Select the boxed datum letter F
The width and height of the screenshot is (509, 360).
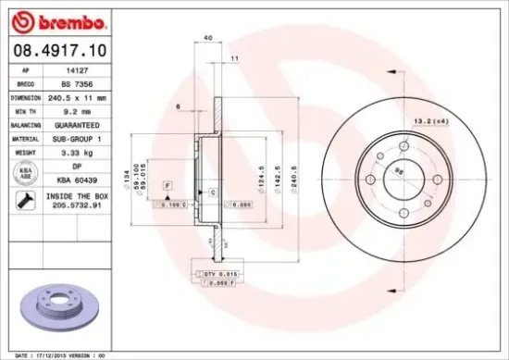[168, 186]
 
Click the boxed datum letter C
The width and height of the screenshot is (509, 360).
[213, 192]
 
